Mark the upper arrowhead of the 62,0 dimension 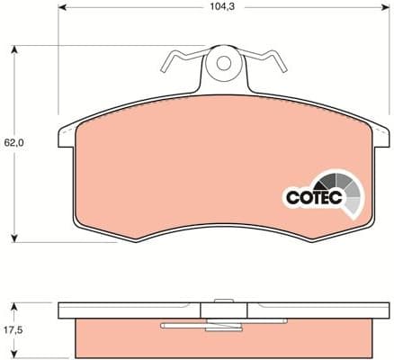click(x=14, y=48)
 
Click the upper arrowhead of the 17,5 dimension click(x=14, y=305)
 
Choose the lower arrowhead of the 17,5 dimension click(x=14, y=353)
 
